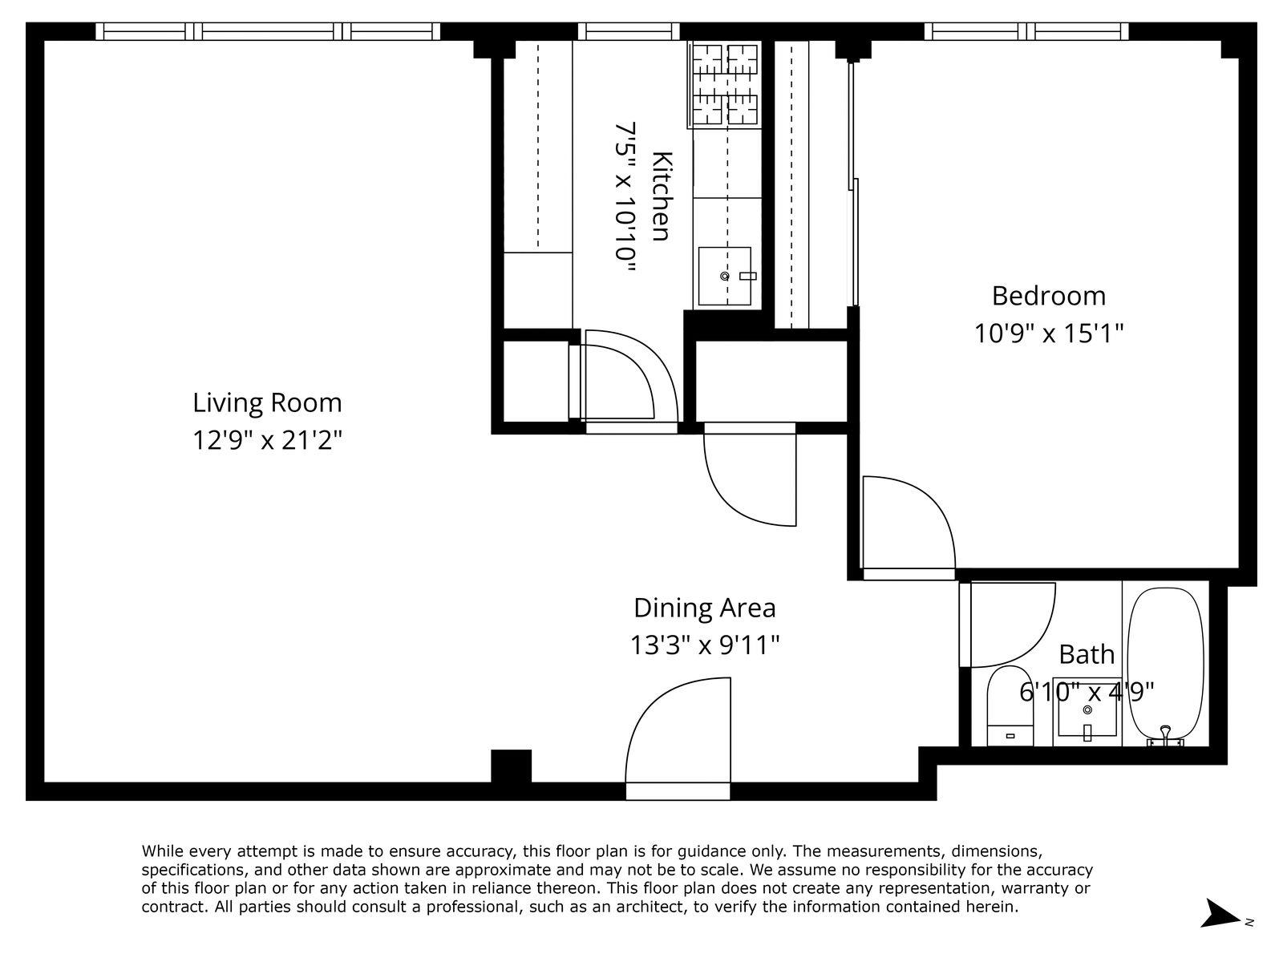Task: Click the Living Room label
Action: pyautogui.click(x=267, y=402)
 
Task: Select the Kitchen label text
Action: pyautogui.click(x=660, y=195)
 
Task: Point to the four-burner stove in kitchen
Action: pyautogui.click(x=725, y=85)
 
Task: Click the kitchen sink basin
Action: pyautogui.click(x=725, y=276)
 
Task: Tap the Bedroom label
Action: pyautogui.click(x=1048, y=296)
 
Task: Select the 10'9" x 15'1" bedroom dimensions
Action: pyautogui.click(x=1048, y=333)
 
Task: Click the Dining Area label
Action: pyautogui.click(x=704, y=608)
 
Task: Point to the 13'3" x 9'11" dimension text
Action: pyautogui.click(x=704, y=645)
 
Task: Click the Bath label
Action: pyautogui.click(x=1087, y=654)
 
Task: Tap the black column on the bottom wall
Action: pyautogui.click(x=511, y=766)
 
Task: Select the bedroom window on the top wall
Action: pyautogui.click(x=1026, y=31)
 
